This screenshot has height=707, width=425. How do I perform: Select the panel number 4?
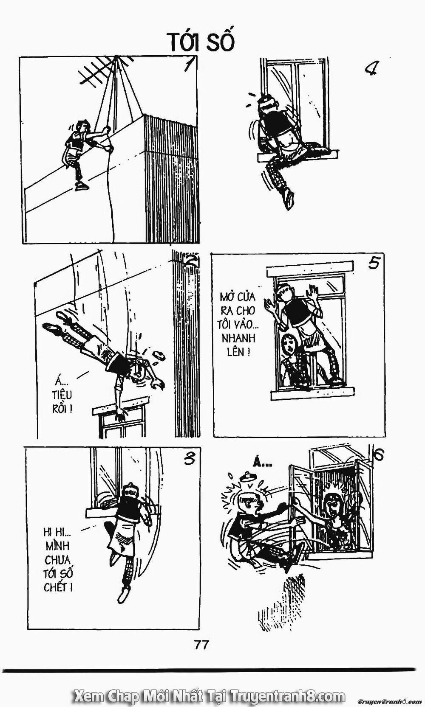[371, 70]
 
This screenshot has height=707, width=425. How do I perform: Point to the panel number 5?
[374, 264]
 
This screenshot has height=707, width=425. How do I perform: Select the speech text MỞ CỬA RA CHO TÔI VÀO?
[240, 323]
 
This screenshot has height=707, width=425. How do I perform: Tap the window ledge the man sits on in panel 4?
[297, 155]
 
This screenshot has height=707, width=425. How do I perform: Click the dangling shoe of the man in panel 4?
[289, 198]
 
